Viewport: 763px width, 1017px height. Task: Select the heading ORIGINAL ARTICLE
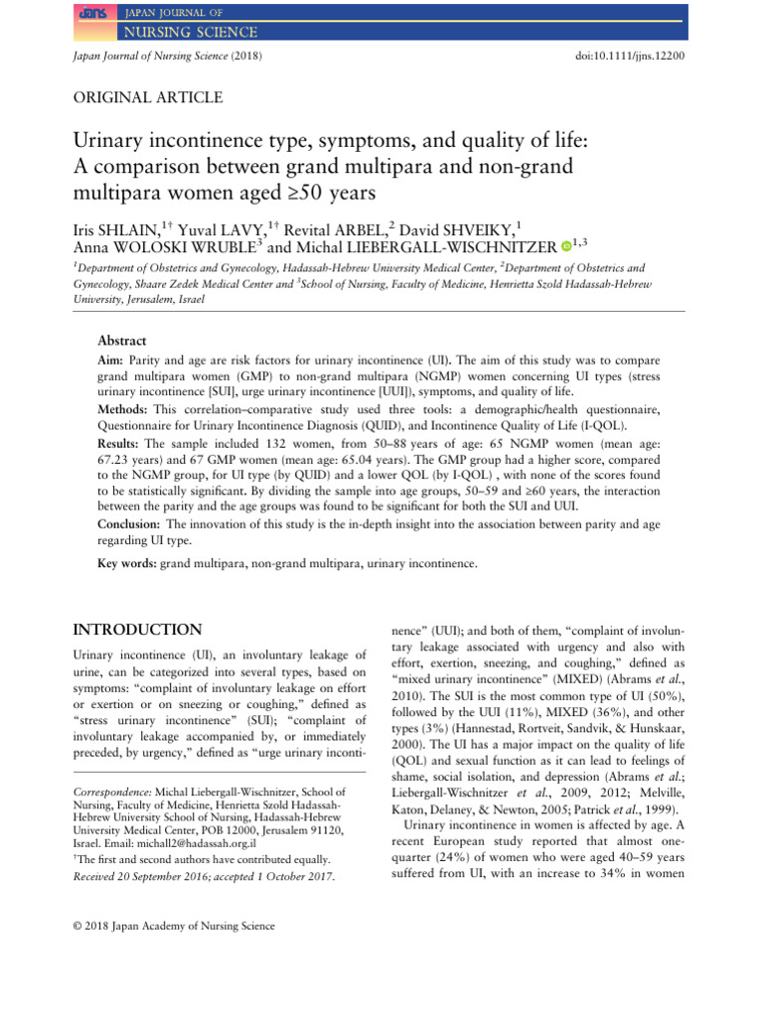(149, 97)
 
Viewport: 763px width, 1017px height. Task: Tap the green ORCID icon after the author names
(565, 244)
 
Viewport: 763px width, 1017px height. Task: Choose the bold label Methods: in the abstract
(124, 409)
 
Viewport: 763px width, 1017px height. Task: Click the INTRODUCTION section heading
(139, 630)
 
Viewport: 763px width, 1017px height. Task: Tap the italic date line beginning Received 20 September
(205, 877)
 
